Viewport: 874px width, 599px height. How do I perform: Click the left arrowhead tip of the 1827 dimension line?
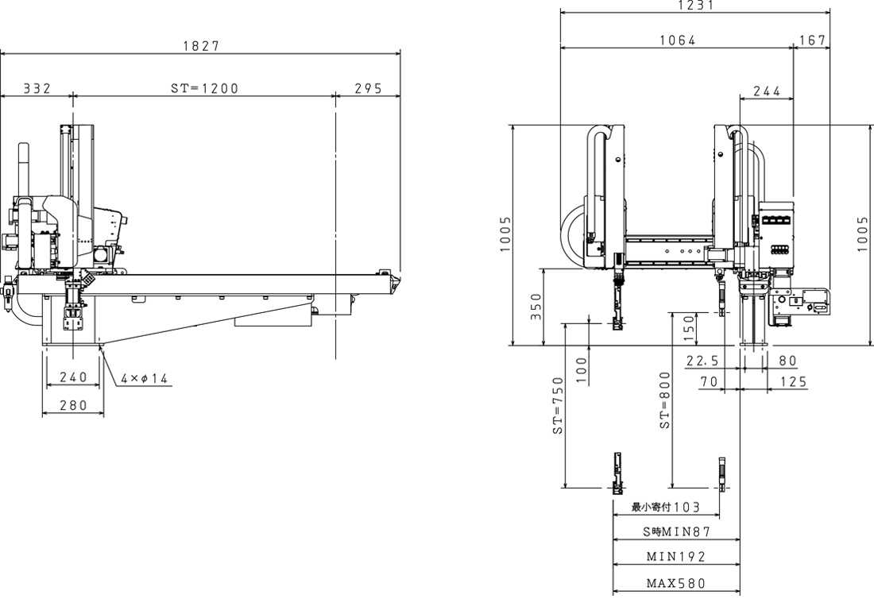(1, 53)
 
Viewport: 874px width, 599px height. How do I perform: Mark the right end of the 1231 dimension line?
(830, 11)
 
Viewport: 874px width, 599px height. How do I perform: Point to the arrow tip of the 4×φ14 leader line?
(100, 346)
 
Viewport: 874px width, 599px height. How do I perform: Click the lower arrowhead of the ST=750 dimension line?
(565, 488)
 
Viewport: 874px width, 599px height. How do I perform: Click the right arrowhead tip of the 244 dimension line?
(793, 99)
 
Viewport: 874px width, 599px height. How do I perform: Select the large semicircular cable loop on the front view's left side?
(572, 234)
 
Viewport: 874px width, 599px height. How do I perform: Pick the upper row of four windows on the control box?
(777, 220)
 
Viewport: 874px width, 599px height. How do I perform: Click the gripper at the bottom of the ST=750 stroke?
(617, 473)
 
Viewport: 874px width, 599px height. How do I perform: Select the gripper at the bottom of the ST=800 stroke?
(721, 474)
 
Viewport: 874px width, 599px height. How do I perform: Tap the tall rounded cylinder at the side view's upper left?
(23, 169)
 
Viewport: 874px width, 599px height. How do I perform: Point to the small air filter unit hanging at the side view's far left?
(8, 293)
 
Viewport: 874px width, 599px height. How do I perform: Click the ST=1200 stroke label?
(204, 88)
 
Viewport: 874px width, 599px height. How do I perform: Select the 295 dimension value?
(368, 88)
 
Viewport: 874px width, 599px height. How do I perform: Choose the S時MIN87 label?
(677, 531)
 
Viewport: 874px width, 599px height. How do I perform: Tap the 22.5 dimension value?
(702, 361)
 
